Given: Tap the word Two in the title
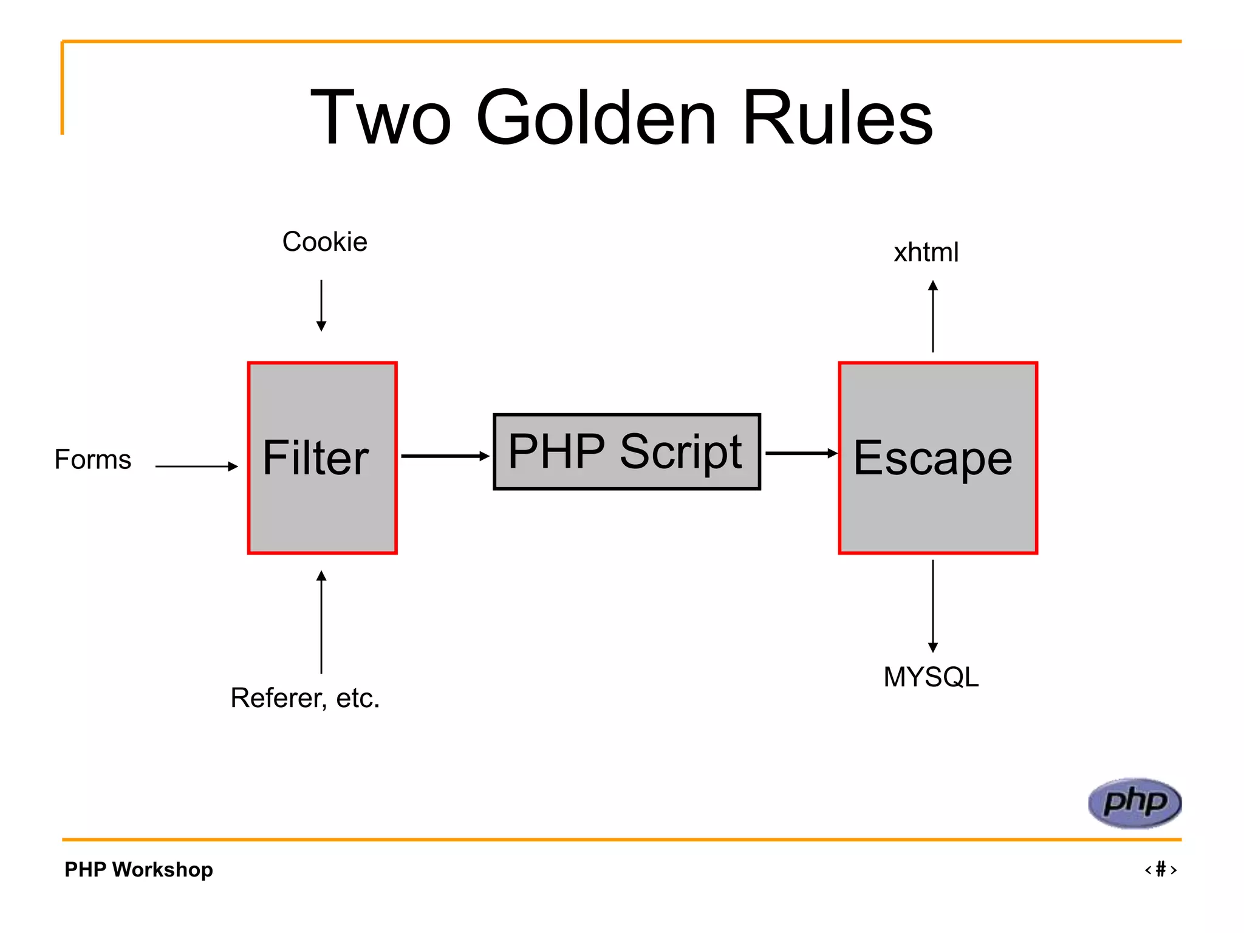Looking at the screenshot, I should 381,118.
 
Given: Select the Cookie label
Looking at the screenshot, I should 324,242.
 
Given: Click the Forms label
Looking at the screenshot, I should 93,459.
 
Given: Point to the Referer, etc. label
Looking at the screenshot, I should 305,698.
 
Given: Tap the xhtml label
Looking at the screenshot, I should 926,252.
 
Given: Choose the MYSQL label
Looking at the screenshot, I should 931,677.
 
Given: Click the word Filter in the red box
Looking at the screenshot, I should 315,457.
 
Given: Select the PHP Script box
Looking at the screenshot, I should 626,451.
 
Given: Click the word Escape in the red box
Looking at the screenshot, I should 932,458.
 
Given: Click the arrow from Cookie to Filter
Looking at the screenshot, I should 321,305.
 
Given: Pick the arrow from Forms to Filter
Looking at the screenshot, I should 196,466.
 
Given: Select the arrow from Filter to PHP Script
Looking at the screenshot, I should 445,456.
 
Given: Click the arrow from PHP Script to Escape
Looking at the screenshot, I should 801,453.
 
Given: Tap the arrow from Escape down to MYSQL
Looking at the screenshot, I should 933,606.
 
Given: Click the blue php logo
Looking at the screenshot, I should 1134,802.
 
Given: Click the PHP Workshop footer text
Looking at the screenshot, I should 138,869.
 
